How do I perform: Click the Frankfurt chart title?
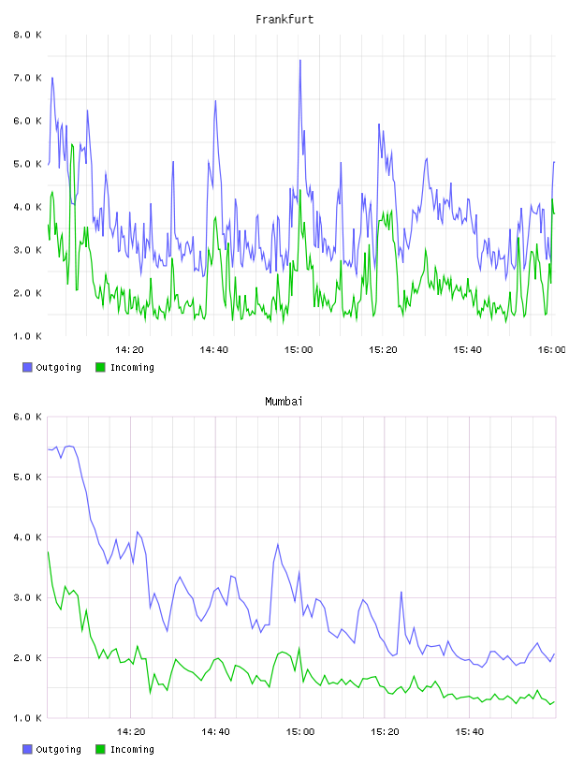tap(284, 19)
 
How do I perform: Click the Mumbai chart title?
tap(284, 401)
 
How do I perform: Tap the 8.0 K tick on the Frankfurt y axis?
tap(27, 35)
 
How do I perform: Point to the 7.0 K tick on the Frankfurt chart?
tap(27, 78)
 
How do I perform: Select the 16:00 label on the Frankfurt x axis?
tap(551, 349)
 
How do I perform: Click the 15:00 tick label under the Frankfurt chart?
tap(299, 349)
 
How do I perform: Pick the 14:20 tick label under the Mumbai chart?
tap(131, 731)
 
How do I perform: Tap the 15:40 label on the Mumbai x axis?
tap(469, 731)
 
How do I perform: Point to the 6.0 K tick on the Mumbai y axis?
tap(27, 417)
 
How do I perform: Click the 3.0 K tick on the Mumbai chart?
tap(27, 597)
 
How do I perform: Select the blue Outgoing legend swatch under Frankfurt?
tap(27, 367)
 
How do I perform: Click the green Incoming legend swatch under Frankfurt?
tap(100, 367)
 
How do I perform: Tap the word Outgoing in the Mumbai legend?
tap(58, 749)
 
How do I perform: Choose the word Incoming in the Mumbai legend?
tap(132, 749)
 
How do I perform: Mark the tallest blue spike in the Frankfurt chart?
tap(300, 61)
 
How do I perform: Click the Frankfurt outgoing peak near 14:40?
tap(215, 101)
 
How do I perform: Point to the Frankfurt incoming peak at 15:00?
tap(300, 190)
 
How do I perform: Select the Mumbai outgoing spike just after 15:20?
tap(401, 592)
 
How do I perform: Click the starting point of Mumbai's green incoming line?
tap(49, 552)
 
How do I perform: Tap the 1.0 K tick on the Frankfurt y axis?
tap(27, 336)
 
